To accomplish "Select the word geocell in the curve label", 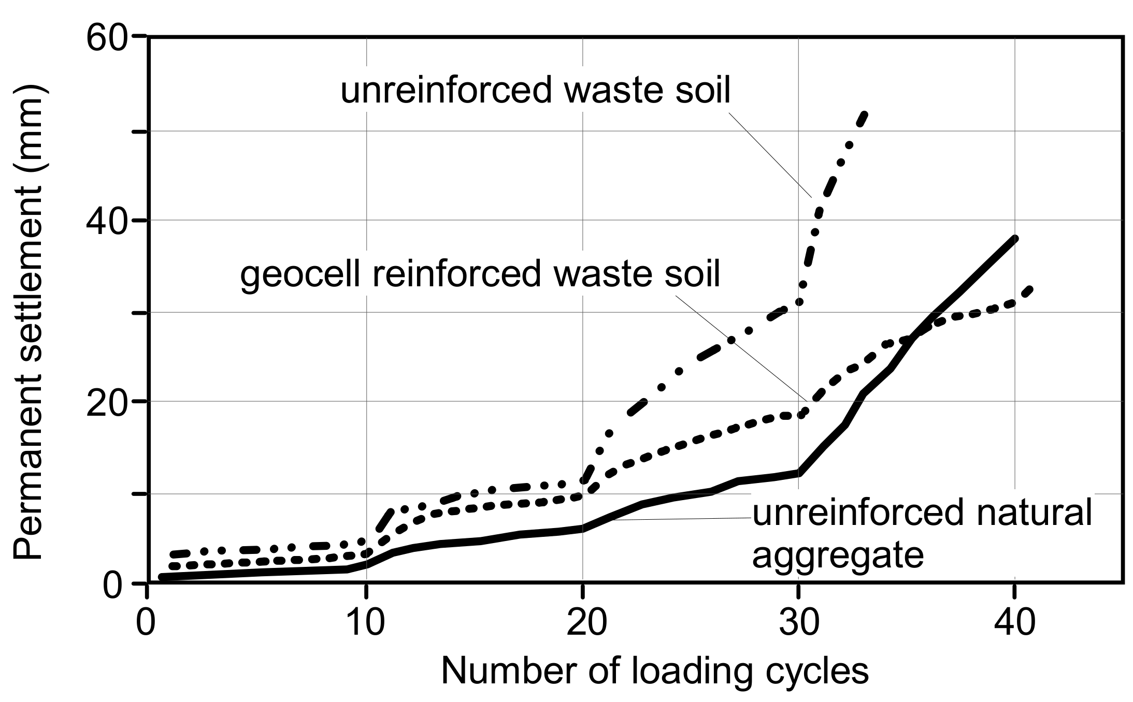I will point(300,274).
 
